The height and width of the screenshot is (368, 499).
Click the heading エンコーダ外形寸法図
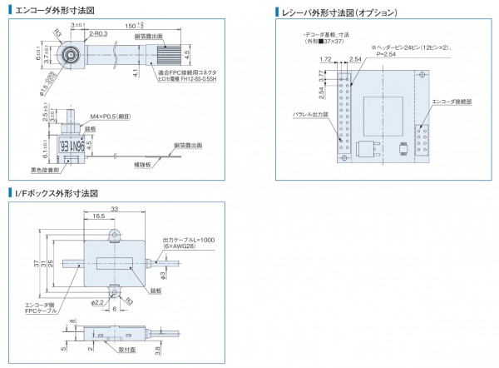[55, 10]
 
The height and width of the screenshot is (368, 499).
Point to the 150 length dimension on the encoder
[131, 25]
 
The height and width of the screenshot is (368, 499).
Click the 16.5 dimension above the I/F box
[98, 217]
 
